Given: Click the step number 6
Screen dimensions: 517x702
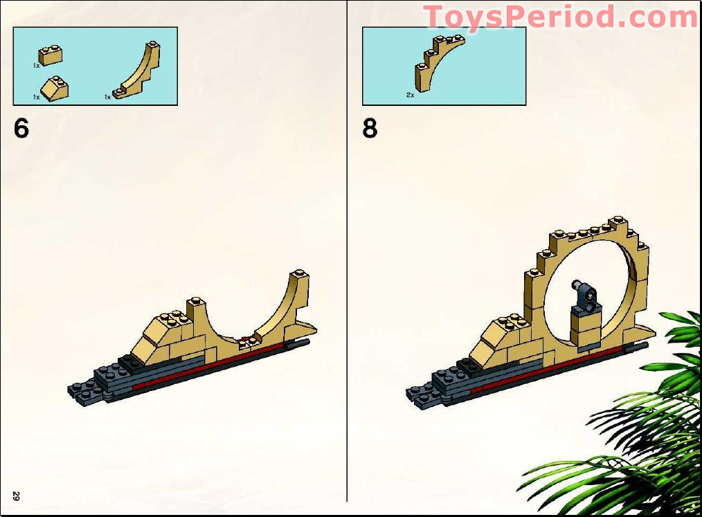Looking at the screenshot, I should pos(21,129).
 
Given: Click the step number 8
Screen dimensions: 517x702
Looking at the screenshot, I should pos(370,129).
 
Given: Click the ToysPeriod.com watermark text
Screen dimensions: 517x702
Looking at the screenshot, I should pos(561,17).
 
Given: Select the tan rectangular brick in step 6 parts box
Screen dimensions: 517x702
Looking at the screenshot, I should pos(51,55).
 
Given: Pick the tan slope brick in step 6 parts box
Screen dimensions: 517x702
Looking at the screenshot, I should pos(55,89).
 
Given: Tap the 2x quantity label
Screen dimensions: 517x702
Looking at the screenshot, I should pos(410,94).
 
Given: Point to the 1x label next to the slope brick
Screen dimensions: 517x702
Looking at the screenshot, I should pos(37,97).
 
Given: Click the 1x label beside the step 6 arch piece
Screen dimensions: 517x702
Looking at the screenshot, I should pos(107,97).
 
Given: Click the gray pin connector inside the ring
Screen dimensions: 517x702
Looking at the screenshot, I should pos(583,293).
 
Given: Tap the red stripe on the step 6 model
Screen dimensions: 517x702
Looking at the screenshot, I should pos(208,365).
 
